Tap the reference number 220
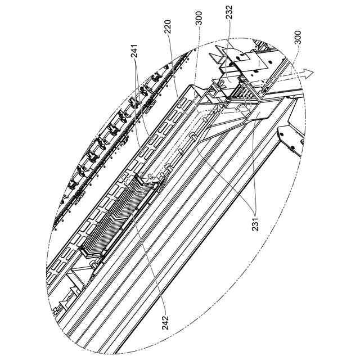coord(167,30)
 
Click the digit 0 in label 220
coord(167,24)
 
